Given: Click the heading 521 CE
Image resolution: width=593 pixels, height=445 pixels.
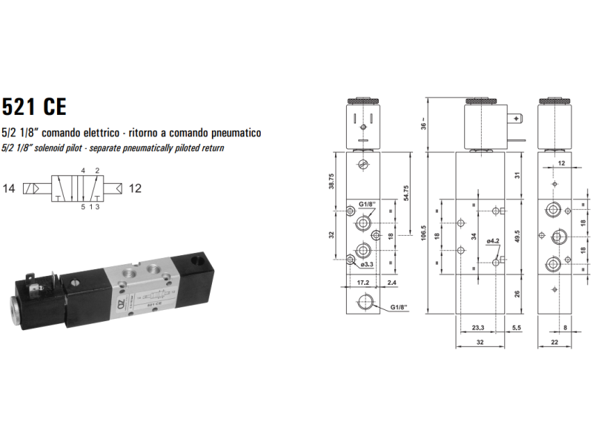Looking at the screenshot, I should (34, 107).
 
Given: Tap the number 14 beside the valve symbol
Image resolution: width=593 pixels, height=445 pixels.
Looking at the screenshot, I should (10, 188).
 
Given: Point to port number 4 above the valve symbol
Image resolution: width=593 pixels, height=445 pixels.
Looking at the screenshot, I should (83, 171).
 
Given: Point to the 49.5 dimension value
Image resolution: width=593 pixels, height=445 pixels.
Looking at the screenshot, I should (517, 236).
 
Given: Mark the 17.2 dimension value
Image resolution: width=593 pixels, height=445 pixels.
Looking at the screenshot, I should (362, 283).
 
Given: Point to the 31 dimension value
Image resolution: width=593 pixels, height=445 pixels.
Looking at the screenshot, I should (517, 175).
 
